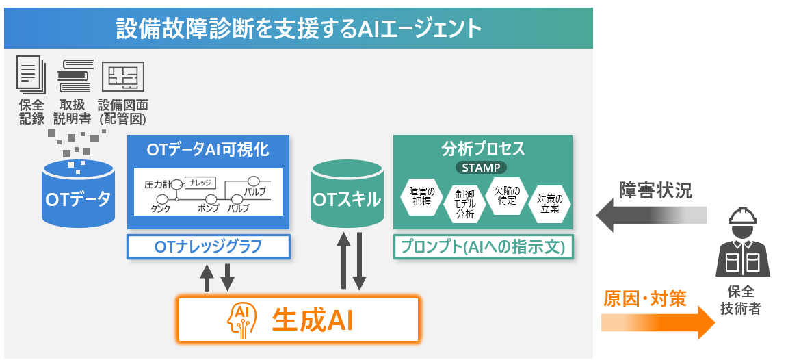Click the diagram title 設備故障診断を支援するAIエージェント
[298, 29]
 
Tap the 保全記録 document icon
[31, 76]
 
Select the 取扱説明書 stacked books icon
[75, 76]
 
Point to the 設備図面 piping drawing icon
[122, 77]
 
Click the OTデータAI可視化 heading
[208, 150]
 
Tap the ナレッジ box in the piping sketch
[200, 183]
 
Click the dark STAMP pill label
[482, 167]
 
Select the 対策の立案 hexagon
[550, 203]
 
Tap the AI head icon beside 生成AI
[242, 319]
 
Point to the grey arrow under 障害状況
[651, 216]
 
